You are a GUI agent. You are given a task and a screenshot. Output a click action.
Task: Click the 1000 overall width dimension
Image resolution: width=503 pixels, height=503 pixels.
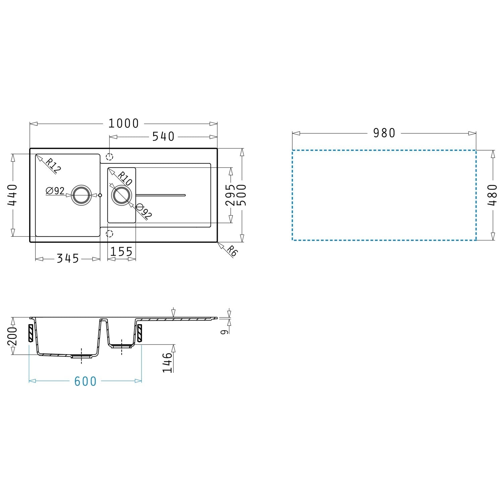click(x=123, y=124)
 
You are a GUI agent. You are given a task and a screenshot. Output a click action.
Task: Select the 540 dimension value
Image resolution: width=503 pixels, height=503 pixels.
click(x=163, y=136)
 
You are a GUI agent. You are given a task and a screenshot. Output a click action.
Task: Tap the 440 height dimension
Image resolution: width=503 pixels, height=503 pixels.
click(x=13, y=195)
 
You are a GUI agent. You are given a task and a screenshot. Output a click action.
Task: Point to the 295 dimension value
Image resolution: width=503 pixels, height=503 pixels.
click(x=230, y=195)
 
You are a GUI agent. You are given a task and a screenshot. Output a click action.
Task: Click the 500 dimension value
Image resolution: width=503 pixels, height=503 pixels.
click(x=242, y=195)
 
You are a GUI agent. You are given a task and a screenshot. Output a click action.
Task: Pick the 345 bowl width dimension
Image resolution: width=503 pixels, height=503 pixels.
click(x=68, y=259)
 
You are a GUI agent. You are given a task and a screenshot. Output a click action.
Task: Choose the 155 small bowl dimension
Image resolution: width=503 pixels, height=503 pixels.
click(x=121, y=251)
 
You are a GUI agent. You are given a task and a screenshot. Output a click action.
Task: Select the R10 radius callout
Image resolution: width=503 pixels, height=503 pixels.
click(x=125, y=178)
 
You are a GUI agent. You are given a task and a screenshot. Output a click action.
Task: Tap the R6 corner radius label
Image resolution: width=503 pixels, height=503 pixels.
click(x=231, y=251)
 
